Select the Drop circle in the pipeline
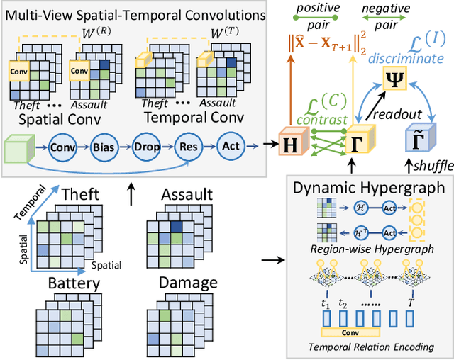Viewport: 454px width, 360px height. tap(145, 147)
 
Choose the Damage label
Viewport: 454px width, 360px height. tap(187, 283)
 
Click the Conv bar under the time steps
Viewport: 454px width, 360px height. tap(347, 332)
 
